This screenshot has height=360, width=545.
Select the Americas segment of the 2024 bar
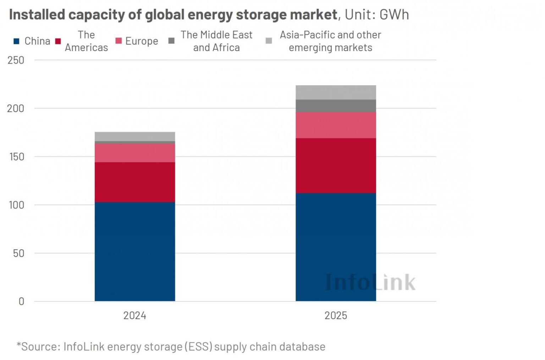[x=134, y=182]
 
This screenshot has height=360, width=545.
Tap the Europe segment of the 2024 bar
[x=134, y=153]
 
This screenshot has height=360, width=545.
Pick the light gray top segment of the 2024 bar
[x=134, y=136]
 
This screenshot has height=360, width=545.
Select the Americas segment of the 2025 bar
[x=335, y=165]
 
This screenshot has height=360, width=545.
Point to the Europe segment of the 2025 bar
[x=335, y=125]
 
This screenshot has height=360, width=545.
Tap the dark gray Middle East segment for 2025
[x=335, y=106]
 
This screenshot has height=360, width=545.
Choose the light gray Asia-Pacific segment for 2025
[x=335, y=92]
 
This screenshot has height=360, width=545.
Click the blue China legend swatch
[x=16, y=41]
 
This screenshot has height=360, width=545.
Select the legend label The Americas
[x=86, y=41]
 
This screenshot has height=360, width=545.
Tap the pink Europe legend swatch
[x=119, y=41]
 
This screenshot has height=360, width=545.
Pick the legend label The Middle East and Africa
[x=216, y=41]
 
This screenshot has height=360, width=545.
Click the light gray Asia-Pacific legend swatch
[x=269, y=41]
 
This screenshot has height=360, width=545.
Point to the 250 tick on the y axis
[x=16, y=60]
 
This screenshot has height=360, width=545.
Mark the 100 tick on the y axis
[x=16, y=205]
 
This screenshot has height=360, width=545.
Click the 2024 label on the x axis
[x=134, y=315]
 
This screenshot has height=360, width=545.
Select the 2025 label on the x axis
[x=335, y=315]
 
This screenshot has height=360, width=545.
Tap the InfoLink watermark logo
[x=370, y=282]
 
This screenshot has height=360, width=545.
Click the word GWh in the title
[x=394, y=15]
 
